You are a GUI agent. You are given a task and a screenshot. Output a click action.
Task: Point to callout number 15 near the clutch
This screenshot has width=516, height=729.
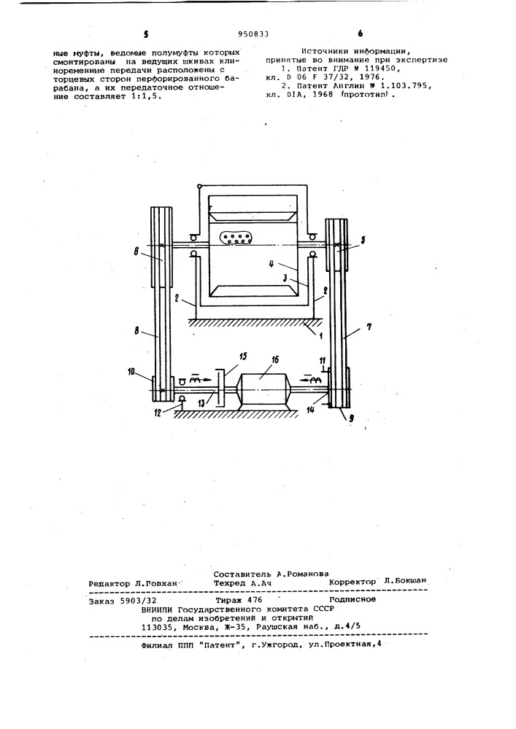coord(243,357)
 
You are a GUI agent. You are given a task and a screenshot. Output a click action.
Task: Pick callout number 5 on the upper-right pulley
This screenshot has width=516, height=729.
coord(363,241)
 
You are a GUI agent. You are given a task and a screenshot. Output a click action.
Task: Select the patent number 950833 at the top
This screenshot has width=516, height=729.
coord(253,34)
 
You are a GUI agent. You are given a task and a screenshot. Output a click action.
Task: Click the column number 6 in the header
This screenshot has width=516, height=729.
coord(361,34)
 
